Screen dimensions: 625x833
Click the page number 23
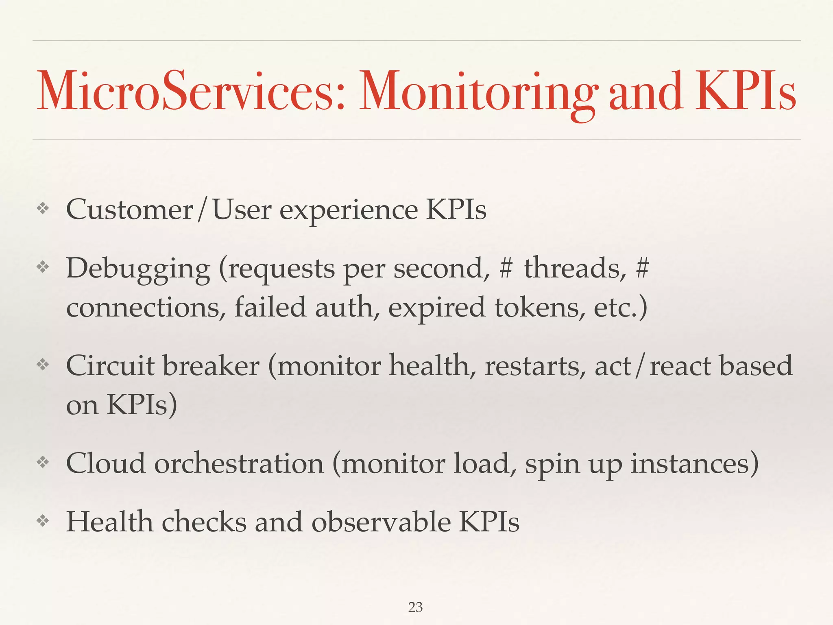click(x=415, y=608)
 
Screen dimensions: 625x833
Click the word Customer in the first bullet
click(x=129, y=210)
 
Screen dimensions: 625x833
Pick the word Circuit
click(x=109, y=365)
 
